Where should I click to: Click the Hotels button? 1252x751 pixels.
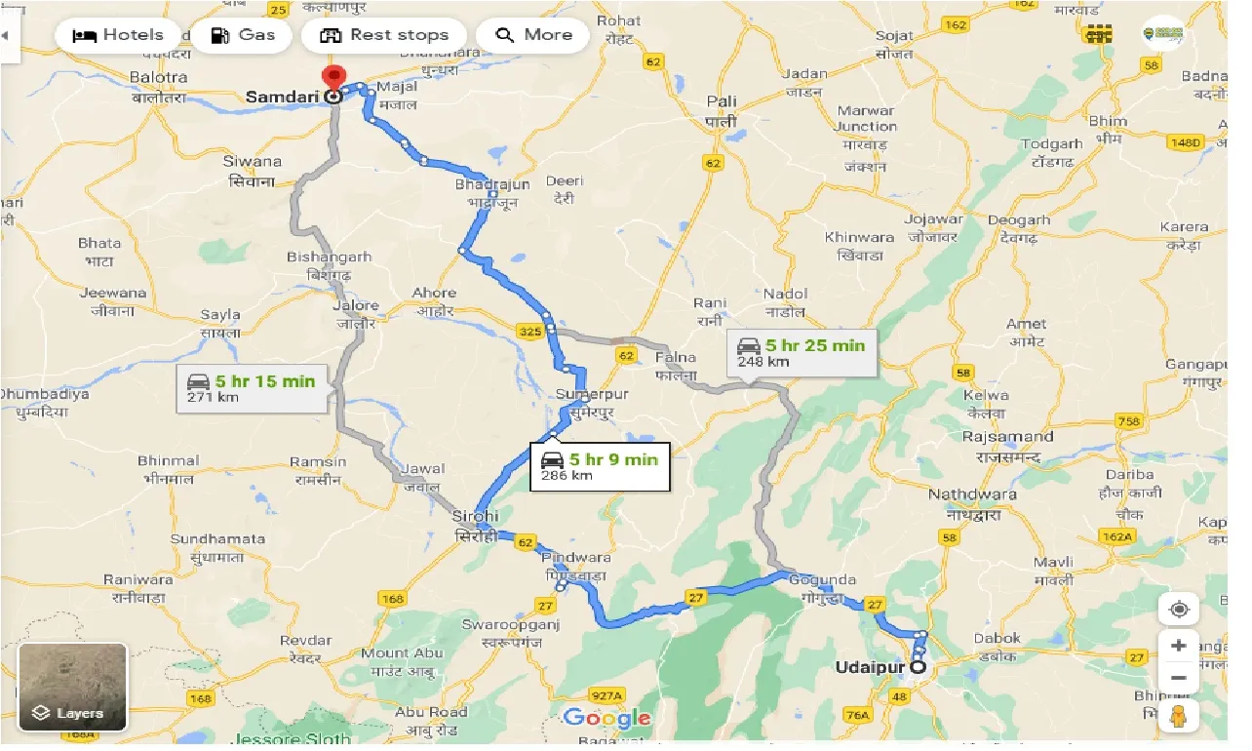(x=118, y=35)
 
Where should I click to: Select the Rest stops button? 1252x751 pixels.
(x=385, y=35)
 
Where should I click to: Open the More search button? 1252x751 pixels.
(x=533, y=35)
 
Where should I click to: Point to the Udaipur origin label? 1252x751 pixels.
(x=870, y=669)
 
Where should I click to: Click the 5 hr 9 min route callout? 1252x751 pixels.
(x=600, y=466)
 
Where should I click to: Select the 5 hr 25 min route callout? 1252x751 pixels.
(x=801, y=352)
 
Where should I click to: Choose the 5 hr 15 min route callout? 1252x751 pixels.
(x=252, y=387)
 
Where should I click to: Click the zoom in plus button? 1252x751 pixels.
(x=1178, y=647)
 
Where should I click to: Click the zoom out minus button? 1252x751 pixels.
(x=1178, y=678)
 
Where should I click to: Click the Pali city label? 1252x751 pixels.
(x=723, y=101)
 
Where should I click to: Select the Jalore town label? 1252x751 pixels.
(x=355, y=306)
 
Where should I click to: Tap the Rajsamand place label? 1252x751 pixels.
(x=1007, y=437)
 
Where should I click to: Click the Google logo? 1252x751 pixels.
(x=606, y=720)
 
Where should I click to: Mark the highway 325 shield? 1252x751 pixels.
(x=529, y=333)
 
